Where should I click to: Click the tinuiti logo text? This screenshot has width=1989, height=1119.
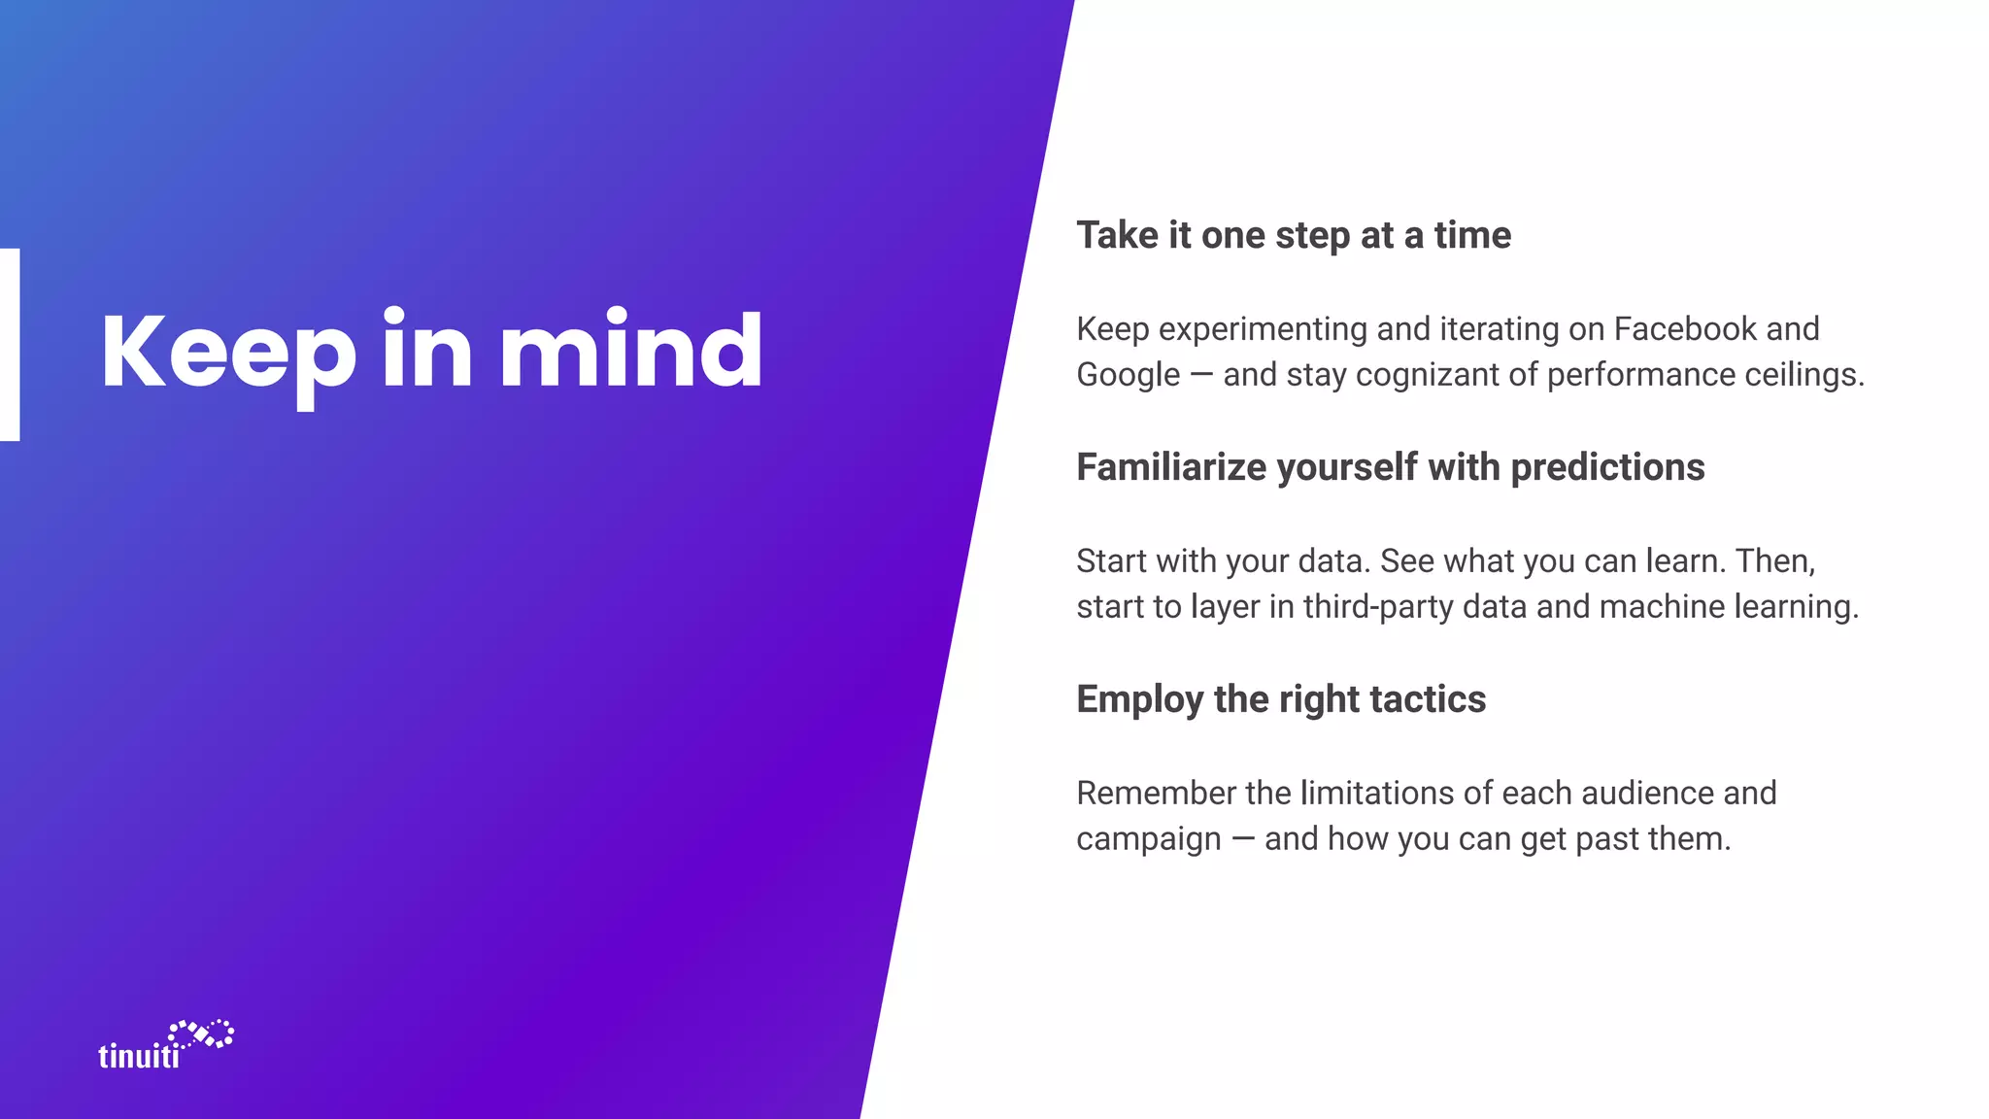coord(139,1056)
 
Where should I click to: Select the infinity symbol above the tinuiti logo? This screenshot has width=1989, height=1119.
coord(201,1034)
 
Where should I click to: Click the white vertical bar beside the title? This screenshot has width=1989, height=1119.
coord(10,345)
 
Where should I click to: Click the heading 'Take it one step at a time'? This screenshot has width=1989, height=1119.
coord(1294,235)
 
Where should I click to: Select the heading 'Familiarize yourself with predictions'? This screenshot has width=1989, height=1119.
coord(1390,467)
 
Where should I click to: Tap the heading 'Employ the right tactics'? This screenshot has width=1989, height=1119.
coord(1281,699)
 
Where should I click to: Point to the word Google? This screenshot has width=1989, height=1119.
coord(1128,375)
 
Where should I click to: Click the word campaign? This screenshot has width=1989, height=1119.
coord(1148,839)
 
